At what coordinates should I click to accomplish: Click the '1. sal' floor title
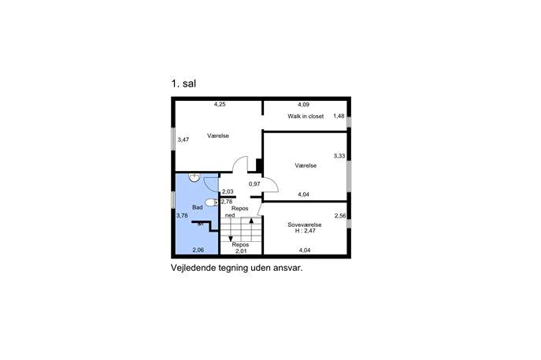click(x=183, y=84)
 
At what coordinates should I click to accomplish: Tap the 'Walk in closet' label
click(x=306, y=117)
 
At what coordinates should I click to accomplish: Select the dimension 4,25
click(x=220, y=104)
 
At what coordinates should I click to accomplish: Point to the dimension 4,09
click(x=304, y=105)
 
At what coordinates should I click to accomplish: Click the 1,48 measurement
click(x=339, y=116)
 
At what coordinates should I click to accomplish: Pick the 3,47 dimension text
click(x=183, y=139)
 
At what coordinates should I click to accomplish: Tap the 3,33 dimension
click(x=339, y=156)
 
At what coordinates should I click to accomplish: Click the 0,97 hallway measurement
click(x=254, y=184)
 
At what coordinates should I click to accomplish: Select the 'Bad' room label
click(x=198, y=207)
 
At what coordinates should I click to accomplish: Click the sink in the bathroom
click(x=195, y=177)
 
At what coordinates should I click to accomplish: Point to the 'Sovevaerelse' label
click(x=305, y=225)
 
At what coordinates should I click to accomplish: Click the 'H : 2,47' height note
click(x=305, y=231)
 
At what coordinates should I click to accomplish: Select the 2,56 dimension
click(x=340, y=216)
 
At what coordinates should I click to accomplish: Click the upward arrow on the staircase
click(x=251, y=229)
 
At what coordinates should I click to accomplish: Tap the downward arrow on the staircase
click(x=231, y=229)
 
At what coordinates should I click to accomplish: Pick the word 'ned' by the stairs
click(x=230, y=215)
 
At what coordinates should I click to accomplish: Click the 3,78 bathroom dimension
click(x=182, y=216)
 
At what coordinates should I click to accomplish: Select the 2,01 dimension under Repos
click(x=241, y=251)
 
